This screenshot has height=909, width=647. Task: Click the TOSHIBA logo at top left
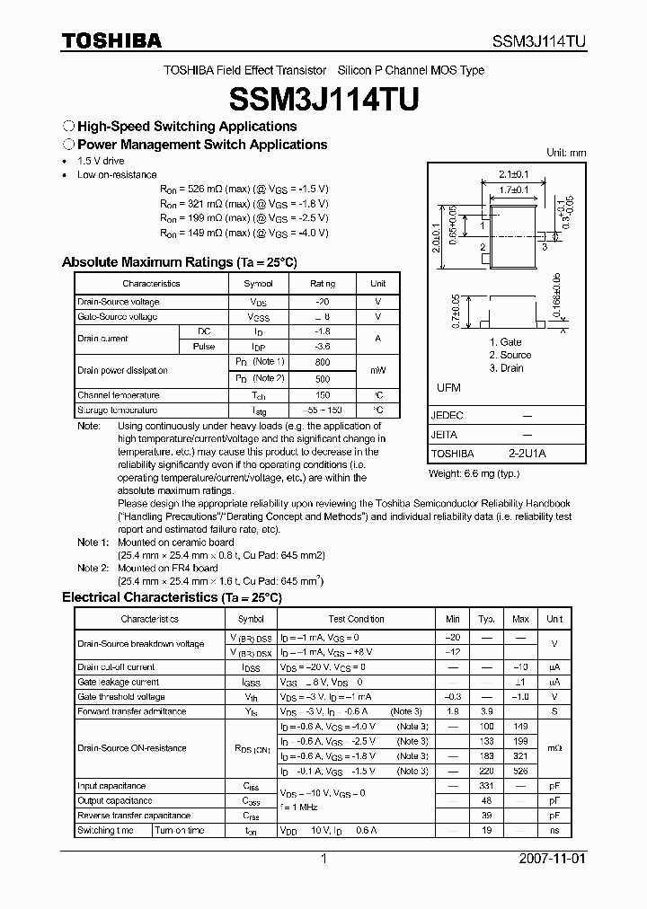[111, 40]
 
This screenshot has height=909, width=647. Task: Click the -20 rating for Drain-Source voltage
[323, 303]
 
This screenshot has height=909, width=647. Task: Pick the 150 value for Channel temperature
[323, 395]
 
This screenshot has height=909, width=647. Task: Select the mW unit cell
[377, 370]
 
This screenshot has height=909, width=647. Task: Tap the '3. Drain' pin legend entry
[506, 367]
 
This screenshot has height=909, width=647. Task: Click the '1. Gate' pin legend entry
[505, 342]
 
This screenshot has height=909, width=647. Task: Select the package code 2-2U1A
[527, 454]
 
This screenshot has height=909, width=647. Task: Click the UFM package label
[448, 387]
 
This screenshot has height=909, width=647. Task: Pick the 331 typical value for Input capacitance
[487, 786]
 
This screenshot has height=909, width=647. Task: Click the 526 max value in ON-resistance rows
[520, 771]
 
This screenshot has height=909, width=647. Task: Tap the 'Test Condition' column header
[356, 619]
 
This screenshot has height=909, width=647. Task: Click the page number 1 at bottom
[323, 859]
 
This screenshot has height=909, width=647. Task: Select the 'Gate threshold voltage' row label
[121, 696]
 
